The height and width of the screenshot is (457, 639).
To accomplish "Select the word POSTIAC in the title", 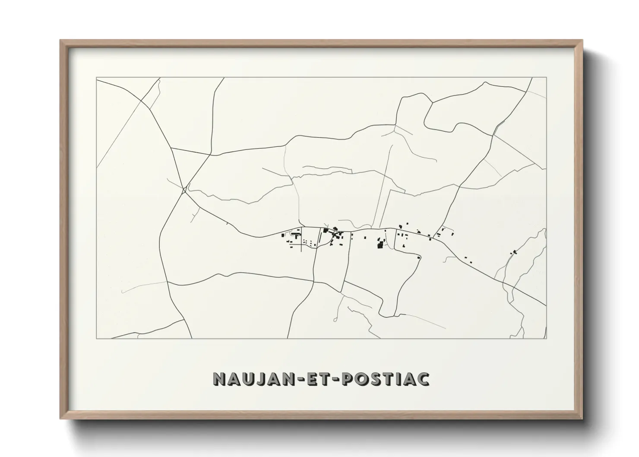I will (386, 379).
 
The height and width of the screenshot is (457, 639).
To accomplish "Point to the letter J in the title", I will (258, 379).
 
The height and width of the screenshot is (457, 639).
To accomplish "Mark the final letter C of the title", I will (423, 379).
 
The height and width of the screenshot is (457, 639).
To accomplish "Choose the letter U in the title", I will (245, 379).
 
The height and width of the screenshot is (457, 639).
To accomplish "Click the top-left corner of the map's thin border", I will (97, 78).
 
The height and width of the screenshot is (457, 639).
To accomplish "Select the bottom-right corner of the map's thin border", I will (546, 339).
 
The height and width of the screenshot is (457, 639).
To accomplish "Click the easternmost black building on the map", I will (514, 251).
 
